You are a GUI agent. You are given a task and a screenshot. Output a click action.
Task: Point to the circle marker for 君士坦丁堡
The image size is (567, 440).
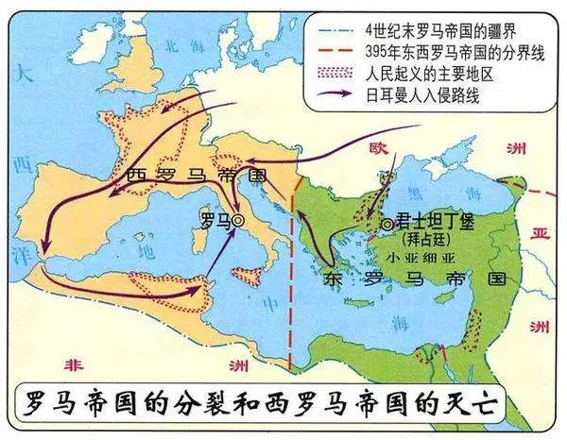point(388,224)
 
